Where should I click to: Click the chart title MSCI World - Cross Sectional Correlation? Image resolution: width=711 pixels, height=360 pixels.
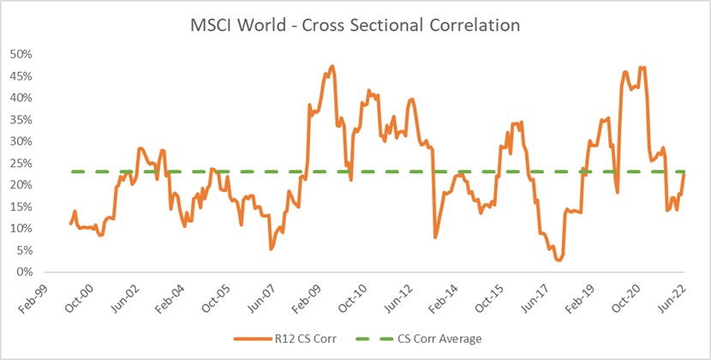click(355, 26)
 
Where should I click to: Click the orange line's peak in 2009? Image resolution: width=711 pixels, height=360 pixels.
click(332, 66)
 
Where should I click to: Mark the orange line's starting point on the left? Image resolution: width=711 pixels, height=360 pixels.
click(70, 224)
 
